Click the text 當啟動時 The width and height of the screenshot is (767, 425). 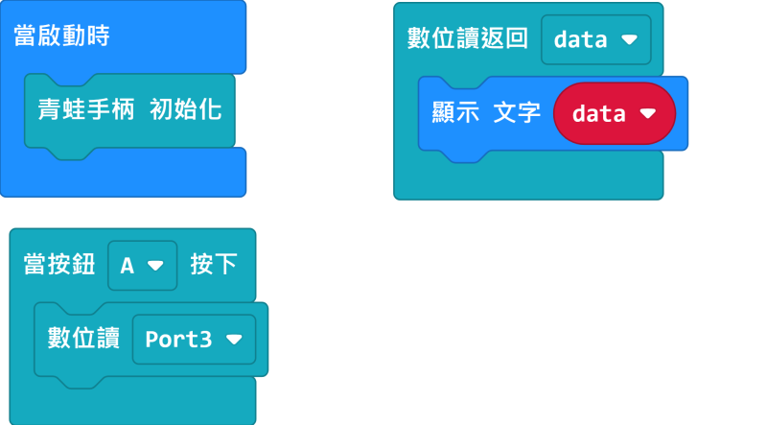tap(61, 35)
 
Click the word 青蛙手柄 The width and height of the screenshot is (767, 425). tap(86, 109)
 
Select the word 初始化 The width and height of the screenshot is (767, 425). tap(186, 109)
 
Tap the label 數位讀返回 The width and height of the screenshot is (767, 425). tap(468, 38)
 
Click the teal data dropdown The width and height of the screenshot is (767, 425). tap(595, 39)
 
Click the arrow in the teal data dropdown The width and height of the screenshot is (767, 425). tap(629, 39)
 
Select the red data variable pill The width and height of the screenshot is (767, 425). tap(615, 113)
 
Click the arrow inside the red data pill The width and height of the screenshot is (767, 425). tap(648, 113)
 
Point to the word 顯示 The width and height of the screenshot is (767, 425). tap(455, 112)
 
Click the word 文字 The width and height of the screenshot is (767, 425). tap(517, 112)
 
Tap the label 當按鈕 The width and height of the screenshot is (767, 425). tap(59, 265)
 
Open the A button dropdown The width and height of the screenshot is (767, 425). tap(142, 266)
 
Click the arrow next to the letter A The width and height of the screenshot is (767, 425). tap(155, 266)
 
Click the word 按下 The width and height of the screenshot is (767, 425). tap(214, 265)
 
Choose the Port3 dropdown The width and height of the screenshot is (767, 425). tap(194, 340)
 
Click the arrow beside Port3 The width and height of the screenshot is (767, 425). tap(234, 340)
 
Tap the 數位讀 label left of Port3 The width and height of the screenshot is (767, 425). tap(83, 338)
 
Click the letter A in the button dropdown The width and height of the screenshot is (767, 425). tap(128, 266)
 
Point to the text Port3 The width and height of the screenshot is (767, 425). tap(178, 340)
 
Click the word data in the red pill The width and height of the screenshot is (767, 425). tap(598, 113)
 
